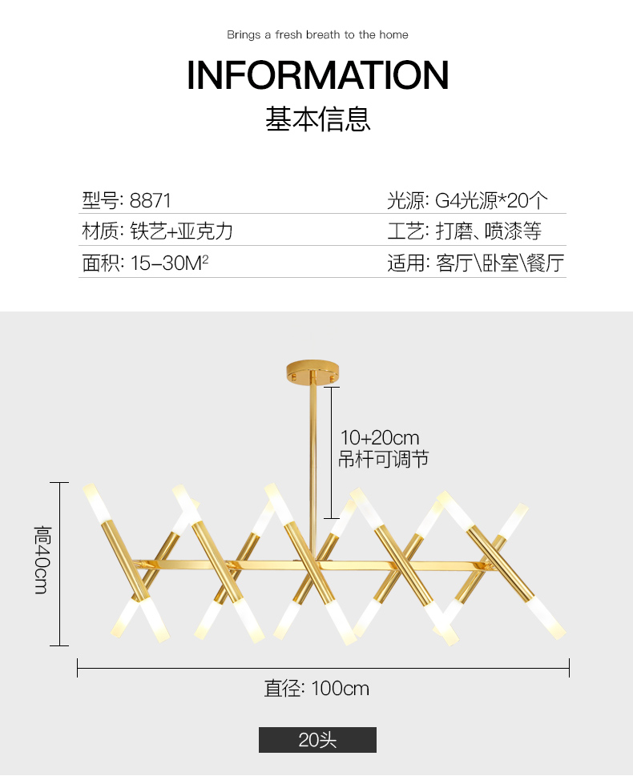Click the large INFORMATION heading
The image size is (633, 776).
click(x=317, y=75)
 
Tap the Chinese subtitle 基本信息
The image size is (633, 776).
click(x=318, y=119)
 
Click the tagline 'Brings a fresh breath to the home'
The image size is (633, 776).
click(x=317, y=35)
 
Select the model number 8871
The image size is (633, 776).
click(x=151, y=200)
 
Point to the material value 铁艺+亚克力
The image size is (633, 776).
click(x=182, y=232)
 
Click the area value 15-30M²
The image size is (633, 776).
click(x=169, y=263)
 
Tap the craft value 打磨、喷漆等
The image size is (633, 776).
click(x=489, y=232)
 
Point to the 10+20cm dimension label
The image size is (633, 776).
click(x=380, y=438)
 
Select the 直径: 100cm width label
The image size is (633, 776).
click(x=317, y=688)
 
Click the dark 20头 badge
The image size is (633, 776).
click(x=317, y=740)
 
